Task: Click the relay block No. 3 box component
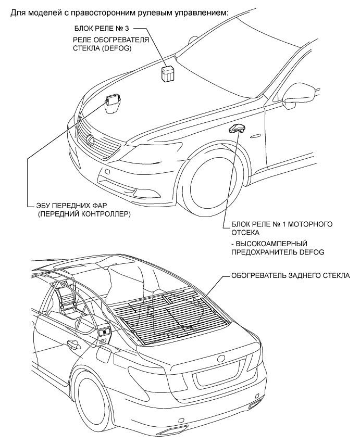click(168, 73)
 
